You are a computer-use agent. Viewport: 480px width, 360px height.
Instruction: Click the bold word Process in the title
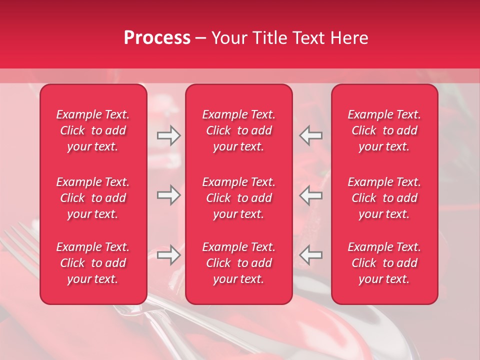[157, 38]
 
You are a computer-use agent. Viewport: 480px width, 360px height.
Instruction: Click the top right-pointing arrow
[168, 135]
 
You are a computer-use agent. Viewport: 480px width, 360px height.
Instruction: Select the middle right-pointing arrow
[168, 195]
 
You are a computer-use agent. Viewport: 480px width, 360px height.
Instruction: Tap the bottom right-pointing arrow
[168, 255]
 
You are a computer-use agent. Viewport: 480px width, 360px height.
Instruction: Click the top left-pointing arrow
[311, 135]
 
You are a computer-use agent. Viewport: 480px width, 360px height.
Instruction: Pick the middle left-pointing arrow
[311, 195]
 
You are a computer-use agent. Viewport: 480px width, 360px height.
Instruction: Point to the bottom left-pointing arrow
[311, 255]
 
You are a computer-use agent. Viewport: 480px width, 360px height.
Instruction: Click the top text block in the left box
[93, 130]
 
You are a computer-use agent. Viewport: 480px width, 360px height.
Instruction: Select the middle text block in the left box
[93, 198]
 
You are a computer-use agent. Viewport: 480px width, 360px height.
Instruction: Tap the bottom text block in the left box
[93, 263]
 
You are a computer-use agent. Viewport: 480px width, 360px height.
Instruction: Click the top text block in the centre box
[239, 130]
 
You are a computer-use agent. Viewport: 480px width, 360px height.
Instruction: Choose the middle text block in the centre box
[239, 198]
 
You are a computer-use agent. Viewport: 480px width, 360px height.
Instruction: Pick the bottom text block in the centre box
[239, 263]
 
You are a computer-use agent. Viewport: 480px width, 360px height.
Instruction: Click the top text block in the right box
[384, 130]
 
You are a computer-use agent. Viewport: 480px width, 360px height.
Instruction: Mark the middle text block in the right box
[384, 198]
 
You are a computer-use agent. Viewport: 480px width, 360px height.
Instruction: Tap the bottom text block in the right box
[384, 263]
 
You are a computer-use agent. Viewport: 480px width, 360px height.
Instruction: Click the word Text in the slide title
[307, 38]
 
